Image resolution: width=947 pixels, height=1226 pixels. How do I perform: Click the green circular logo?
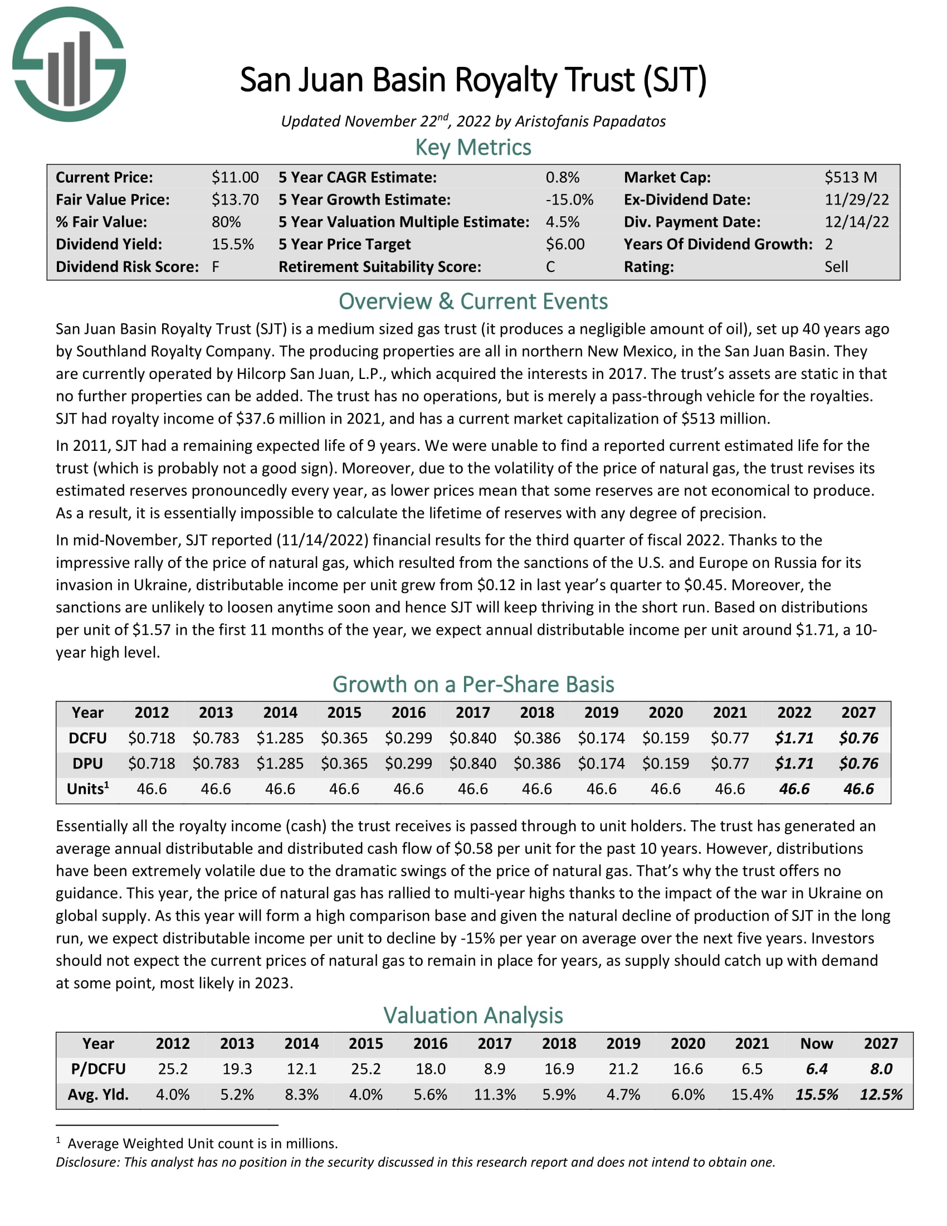[x=69, y=64]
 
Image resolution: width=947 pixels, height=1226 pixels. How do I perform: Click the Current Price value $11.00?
[x=235, y=177]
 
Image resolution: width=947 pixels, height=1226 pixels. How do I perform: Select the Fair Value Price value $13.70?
[x=235, y=200]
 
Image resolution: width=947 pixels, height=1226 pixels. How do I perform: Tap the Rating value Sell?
[x=836, y=266]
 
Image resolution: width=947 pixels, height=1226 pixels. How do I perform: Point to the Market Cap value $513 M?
[x=851, y=177]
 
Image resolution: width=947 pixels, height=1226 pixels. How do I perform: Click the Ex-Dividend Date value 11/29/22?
[x=856, y=200]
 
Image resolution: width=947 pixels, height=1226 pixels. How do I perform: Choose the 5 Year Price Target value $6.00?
[x=565, y=244]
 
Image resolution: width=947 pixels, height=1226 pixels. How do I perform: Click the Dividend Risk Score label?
[x=128, y=266]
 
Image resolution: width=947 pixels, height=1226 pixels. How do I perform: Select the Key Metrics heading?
[x=473, y=148]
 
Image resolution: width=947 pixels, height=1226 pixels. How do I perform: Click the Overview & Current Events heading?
[x=473, y=301]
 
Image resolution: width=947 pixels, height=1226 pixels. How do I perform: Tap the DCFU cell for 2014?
[x=280, y=738]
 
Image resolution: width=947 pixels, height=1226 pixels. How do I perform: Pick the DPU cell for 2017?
[x=472, y=763]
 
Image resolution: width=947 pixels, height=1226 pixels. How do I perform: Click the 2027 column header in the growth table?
[x=858, y=712]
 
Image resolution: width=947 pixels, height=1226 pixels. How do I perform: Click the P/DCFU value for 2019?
[x=623, y=1069]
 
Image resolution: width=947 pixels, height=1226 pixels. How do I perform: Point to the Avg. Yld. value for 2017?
[x=495, y=1094]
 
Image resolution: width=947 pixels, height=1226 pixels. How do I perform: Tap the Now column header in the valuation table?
[x=816, y=1044]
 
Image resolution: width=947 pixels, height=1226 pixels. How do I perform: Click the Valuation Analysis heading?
[x=473, y=1015]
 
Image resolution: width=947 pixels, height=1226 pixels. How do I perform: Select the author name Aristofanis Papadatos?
[x=590, y=121]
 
